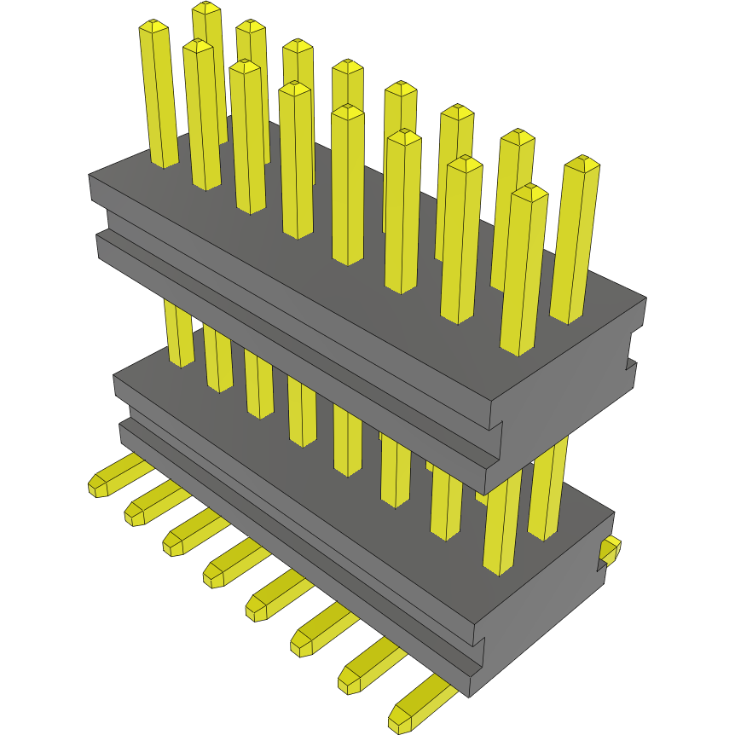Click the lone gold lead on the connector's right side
point(610,552)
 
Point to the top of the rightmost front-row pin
point(529,193)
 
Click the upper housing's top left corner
point(90,176)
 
